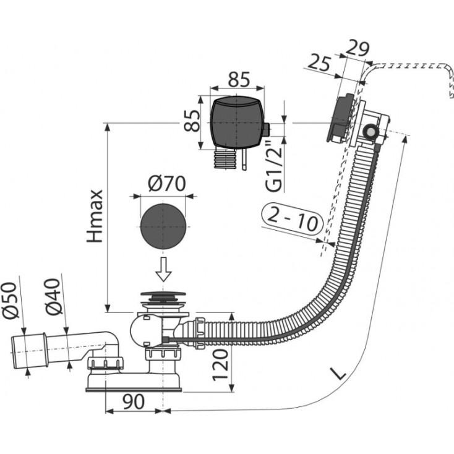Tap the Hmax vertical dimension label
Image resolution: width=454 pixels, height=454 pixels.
point(95,216)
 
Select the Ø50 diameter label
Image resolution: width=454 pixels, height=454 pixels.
point(9,301)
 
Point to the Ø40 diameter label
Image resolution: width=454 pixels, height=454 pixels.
point(53,296)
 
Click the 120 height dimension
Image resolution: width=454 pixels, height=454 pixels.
point(220,365)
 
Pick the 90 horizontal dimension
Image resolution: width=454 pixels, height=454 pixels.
point(134,401)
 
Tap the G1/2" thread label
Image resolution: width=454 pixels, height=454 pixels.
point(273,166)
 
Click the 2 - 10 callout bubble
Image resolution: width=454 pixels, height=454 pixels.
point(293,218)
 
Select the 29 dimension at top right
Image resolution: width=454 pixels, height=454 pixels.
point(358,48)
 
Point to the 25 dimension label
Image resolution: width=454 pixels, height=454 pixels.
point(319,63)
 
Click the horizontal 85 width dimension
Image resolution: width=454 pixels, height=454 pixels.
point(239,79)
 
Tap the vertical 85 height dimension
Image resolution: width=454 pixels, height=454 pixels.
point(192,121)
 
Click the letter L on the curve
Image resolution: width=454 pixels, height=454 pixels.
point(338,373)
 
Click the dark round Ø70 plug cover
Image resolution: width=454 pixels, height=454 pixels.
point(163,226)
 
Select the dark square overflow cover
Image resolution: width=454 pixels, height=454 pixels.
point(237,122)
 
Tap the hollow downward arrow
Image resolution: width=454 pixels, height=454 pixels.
point(163,269)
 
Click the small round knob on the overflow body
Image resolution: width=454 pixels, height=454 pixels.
point(369,132)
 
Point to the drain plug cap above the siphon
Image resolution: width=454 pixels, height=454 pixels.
point(163,294)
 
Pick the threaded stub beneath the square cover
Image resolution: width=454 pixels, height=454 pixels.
point(224,159)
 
